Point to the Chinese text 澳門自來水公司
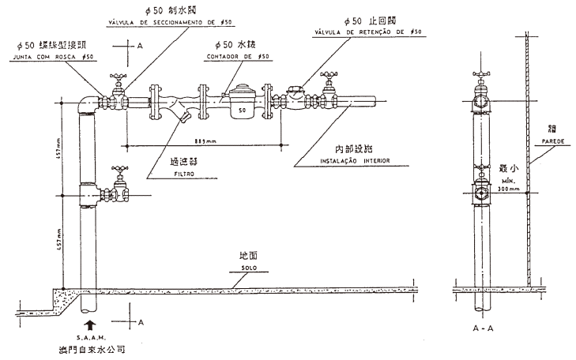tap(92, 349)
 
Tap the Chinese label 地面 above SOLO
tap(248, 257)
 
